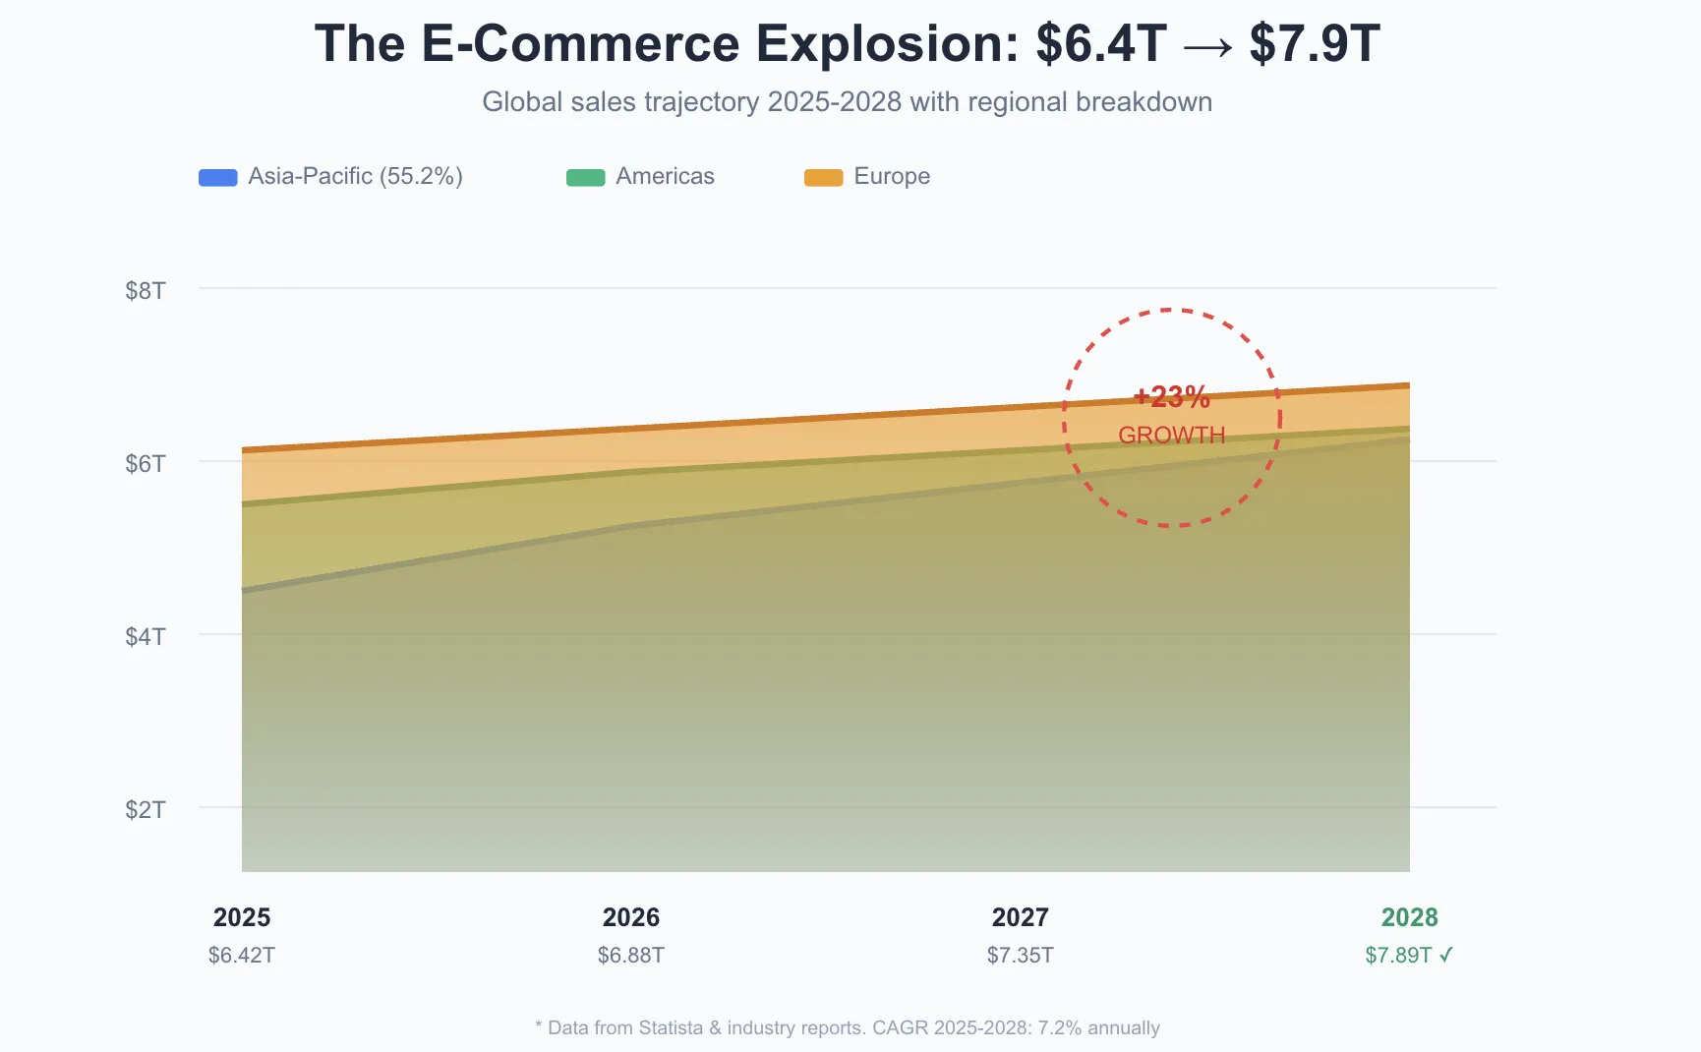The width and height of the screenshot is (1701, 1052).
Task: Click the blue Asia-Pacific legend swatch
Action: click(x=217, y=178)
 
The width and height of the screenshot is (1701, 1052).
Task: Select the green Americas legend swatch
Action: click(x=585, y=178)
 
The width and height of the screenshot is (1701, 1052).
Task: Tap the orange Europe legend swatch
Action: click(x=823, y=178)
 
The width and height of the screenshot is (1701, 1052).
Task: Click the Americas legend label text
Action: click(x=665, y=177)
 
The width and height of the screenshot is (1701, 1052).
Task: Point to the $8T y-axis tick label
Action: click(x=146, y=291)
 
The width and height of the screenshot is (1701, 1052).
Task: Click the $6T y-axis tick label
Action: click(x=146, y=464)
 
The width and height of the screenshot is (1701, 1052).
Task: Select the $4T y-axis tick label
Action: click(x=146, y=637)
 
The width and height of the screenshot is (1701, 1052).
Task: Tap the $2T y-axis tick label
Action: click(x=146, y=810)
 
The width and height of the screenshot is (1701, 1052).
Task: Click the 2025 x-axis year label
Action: click(x=242, y=917)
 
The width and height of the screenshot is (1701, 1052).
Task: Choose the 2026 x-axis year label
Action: click(x=631, y=917)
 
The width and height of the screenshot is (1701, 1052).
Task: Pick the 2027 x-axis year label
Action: click(x=1021, y=917)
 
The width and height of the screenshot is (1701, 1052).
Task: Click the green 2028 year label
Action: click(x=1410, y=917)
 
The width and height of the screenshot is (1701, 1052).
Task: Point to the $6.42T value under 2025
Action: click(x=242, y=956)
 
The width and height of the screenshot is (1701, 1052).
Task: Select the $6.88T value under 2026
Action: click(x=631, y=956)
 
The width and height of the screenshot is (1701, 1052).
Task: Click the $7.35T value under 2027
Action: click(x=1021, y=956)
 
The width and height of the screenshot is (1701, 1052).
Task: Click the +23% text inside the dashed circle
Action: click(x=1172, y=397)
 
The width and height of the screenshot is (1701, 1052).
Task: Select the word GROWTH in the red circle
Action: click(x=1172, y=436)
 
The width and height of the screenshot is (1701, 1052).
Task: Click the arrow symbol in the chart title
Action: click(x=1208, y=46)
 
